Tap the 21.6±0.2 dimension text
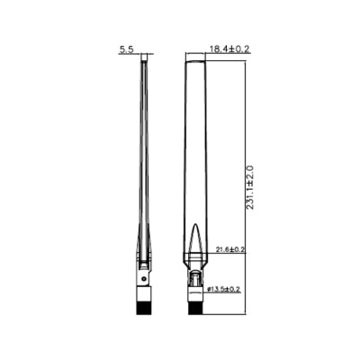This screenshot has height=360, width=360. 231,248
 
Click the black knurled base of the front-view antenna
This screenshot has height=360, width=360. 195,308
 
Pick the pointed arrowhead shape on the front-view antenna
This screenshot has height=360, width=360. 195,243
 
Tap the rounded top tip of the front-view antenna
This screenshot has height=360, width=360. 195,59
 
